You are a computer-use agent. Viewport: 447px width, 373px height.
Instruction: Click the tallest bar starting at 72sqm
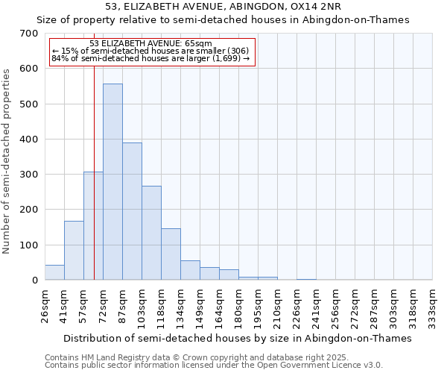[112, 182]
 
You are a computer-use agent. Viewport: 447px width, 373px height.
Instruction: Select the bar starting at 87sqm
[132, 211]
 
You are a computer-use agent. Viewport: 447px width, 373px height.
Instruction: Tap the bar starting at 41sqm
[74, 251]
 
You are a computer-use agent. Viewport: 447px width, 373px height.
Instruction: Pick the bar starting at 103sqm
[151, 233]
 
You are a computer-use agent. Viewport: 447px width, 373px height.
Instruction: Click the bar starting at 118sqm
[171, 254]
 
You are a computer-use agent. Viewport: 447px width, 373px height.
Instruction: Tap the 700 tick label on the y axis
[29, 34]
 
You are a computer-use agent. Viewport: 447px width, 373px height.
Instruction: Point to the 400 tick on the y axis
[29, 140]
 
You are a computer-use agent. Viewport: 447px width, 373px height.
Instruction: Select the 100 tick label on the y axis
[29, 245]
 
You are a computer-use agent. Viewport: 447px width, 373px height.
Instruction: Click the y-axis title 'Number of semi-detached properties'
[7, 161]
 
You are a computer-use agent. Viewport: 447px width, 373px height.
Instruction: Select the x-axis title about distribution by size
[238, 338]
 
